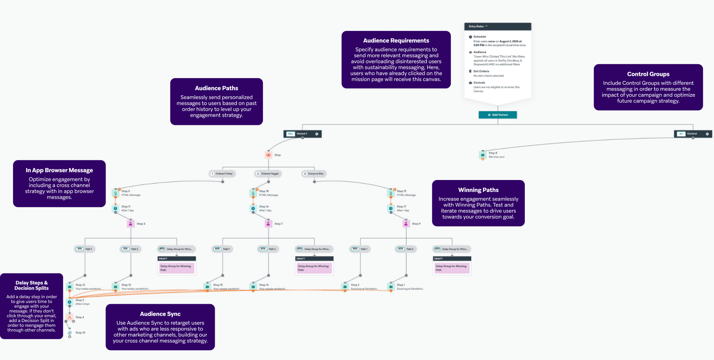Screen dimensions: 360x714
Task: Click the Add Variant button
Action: coord(498,115)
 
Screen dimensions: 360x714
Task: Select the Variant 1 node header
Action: coord(302,134)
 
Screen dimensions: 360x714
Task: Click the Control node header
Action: coord(692,134)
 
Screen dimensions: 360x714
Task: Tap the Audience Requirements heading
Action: coord(396,41)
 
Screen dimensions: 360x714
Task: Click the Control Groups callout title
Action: coord(648,74)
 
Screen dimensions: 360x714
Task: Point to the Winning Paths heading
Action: coord(478,190)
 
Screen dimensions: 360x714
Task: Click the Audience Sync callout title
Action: coord(160,314)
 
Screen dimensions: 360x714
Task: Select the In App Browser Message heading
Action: coord(59,170)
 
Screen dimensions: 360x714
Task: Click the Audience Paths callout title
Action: coord(216,88)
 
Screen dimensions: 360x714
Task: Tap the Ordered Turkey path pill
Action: coord(222,174)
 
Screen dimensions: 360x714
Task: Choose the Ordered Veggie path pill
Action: coord(268,174)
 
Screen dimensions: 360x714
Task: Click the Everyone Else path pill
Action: coord(314,174)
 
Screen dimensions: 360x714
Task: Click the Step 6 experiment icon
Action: coord(131,224)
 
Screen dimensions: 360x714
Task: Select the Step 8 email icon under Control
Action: coord(483,155)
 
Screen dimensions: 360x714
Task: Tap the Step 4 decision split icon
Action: coord(70,318)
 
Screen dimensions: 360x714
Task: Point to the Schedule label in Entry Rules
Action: coord(479,37)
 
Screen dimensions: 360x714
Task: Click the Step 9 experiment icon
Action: coord(406,224)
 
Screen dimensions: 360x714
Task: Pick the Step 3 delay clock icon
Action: coord(70,302)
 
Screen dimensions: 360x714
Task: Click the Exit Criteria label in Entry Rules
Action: coord(481,71)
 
